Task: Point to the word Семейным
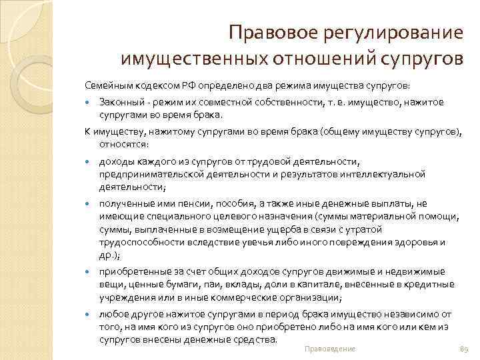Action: click(x=105, y=87)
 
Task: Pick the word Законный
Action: click(x=119, y=102)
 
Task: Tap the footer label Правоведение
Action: click(x=329, y=349)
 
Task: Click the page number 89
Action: click(x=464, y=349)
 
